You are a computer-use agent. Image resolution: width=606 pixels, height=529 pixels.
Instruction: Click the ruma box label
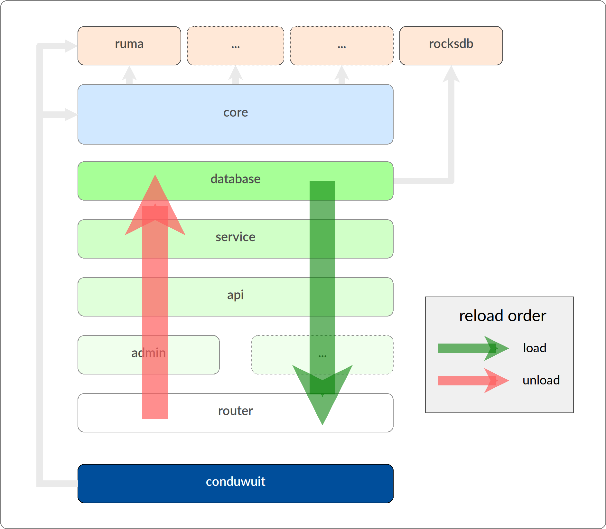(x=129, y=44)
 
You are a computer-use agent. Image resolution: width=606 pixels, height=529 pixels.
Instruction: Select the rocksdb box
(x=451, y=45)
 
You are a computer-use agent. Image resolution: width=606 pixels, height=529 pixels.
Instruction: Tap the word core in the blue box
(x=236, y=112)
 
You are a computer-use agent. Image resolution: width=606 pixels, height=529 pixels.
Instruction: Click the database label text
(x=235, y=179)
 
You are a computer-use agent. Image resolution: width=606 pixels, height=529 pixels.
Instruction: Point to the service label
(x=235, y=237)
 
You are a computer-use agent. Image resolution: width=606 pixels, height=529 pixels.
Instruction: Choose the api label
(x=235, y=295)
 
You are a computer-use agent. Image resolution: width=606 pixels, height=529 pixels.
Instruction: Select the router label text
(x=235, y=411)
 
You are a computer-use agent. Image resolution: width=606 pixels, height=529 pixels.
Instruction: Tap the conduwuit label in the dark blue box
(x=235, y=482)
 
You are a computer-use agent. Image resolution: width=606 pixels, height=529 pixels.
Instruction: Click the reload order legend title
(x=502, y=316)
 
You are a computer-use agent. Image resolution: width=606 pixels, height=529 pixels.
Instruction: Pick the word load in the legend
(x=535, y=348)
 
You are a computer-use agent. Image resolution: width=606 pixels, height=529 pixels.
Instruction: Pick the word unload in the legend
(x=541, y=380)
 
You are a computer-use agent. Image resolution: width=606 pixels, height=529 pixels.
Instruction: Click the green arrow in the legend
(x=473, y=348)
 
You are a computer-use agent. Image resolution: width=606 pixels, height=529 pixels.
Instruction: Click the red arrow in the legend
(x=473, y=381)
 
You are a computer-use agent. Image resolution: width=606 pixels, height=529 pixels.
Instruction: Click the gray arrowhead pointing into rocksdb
(x=451, y=74)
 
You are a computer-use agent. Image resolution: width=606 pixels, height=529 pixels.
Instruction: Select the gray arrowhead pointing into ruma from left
(x=71, y=46)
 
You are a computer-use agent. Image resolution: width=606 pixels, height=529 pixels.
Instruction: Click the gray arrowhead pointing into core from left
(x=71, y=115)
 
